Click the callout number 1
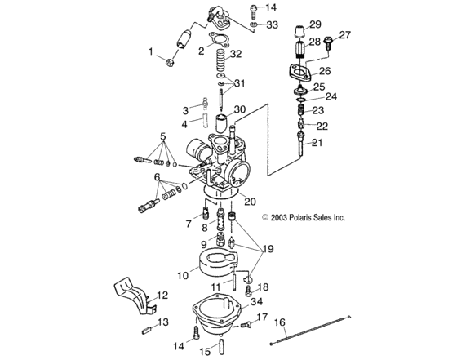[151, 51]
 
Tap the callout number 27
[345, 35]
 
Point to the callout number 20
[250, 201]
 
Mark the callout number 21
[317, 143]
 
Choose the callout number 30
[239, 109]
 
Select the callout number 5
[163, 136]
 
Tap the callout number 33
[272, 24]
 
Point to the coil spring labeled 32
[220, 59]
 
